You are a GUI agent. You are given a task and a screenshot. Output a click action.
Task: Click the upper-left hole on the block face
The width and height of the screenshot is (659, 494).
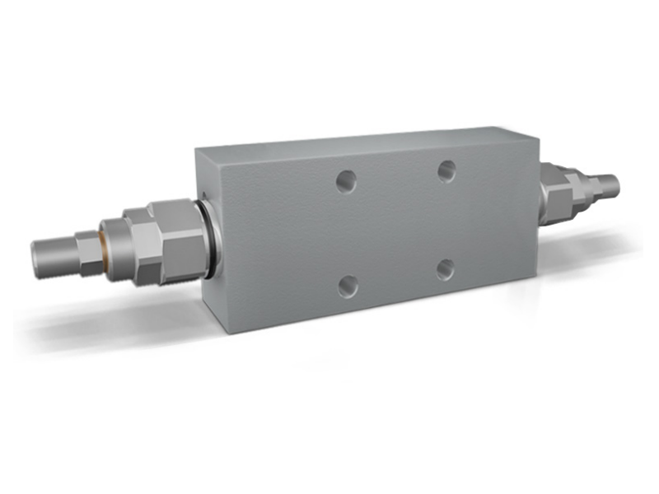click(346, 182)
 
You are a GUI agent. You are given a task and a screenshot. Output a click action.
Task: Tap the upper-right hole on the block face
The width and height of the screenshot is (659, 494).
click(446, 170)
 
